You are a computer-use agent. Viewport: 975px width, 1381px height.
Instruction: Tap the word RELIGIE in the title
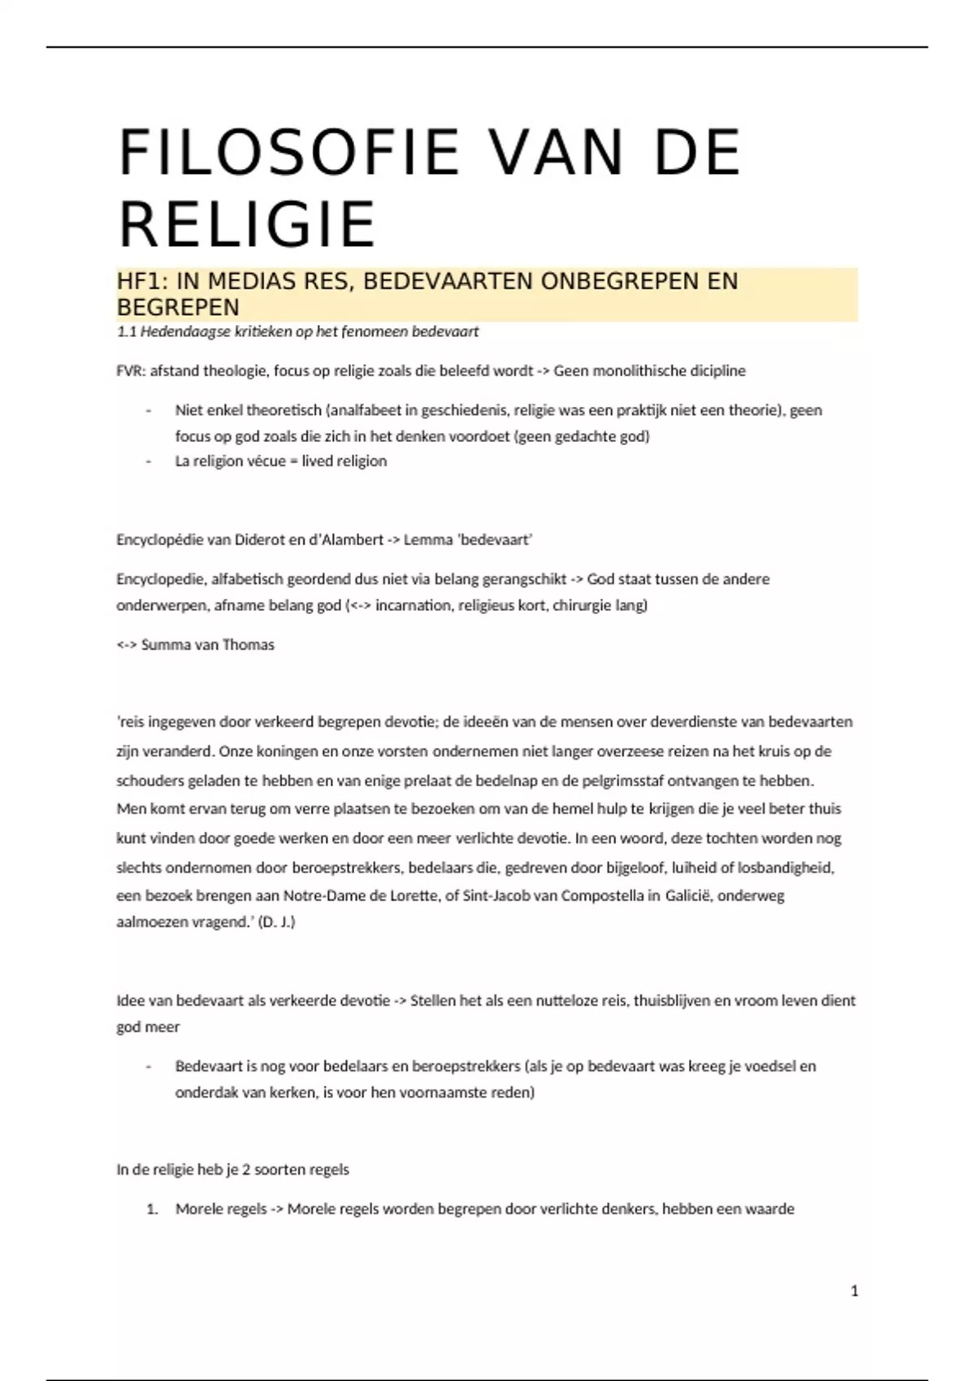pyautogui.click(x=247, y=223)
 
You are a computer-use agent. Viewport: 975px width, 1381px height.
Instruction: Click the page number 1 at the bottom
pyautogui.click(x=854, y=1290)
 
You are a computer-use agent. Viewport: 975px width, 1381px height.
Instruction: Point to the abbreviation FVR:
pyautogui.click(x=131, y=371)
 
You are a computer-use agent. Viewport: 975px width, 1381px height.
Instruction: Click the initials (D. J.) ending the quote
pyautogui.click(x=276, y=922)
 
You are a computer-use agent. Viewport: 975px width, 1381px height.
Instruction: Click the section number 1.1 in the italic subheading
pyautogui.click(x=126, y=331)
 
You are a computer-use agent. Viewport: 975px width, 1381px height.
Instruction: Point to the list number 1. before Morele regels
pyautogui.click(x=152, y=1210)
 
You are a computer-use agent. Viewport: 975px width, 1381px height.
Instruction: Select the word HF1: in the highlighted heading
pyautogui.click(x=143, y=281)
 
